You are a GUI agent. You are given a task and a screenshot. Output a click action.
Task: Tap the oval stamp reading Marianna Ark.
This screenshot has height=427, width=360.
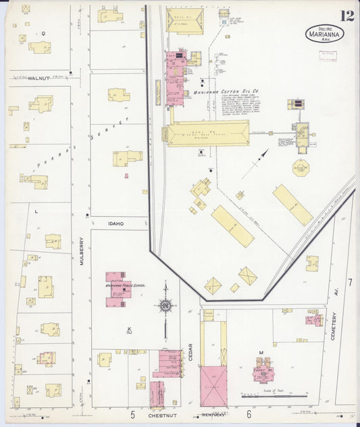point(324,34)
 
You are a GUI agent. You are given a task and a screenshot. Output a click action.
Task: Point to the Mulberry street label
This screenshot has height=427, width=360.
point(82,249)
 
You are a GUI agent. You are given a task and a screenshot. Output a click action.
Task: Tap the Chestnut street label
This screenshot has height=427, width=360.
point(162,416)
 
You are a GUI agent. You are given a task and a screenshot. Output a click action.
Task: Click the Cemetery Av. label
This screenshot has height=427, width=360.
point(334,325)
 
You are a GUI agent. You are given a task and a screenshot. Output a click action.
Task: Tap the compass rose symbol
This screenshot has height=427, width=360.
point(165,306)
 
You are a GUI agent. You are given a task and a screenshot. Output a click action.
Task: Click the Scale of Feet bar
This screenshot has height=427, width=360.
point(271,396)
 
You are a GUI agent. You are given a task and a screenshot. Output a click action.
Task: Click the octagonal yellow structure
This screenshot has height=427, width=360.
point(301,167)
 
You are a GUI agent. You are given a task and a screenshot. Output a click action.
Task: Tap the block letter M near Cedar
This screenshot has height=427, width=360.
point(261,352)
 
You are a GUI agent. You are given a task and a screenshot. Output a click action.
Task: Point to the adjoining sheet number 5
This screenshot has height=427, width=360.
point(133,413)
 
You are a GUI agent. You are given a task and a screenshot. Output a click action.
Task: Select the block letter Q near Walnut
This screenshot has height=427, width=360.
point(43,32)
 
